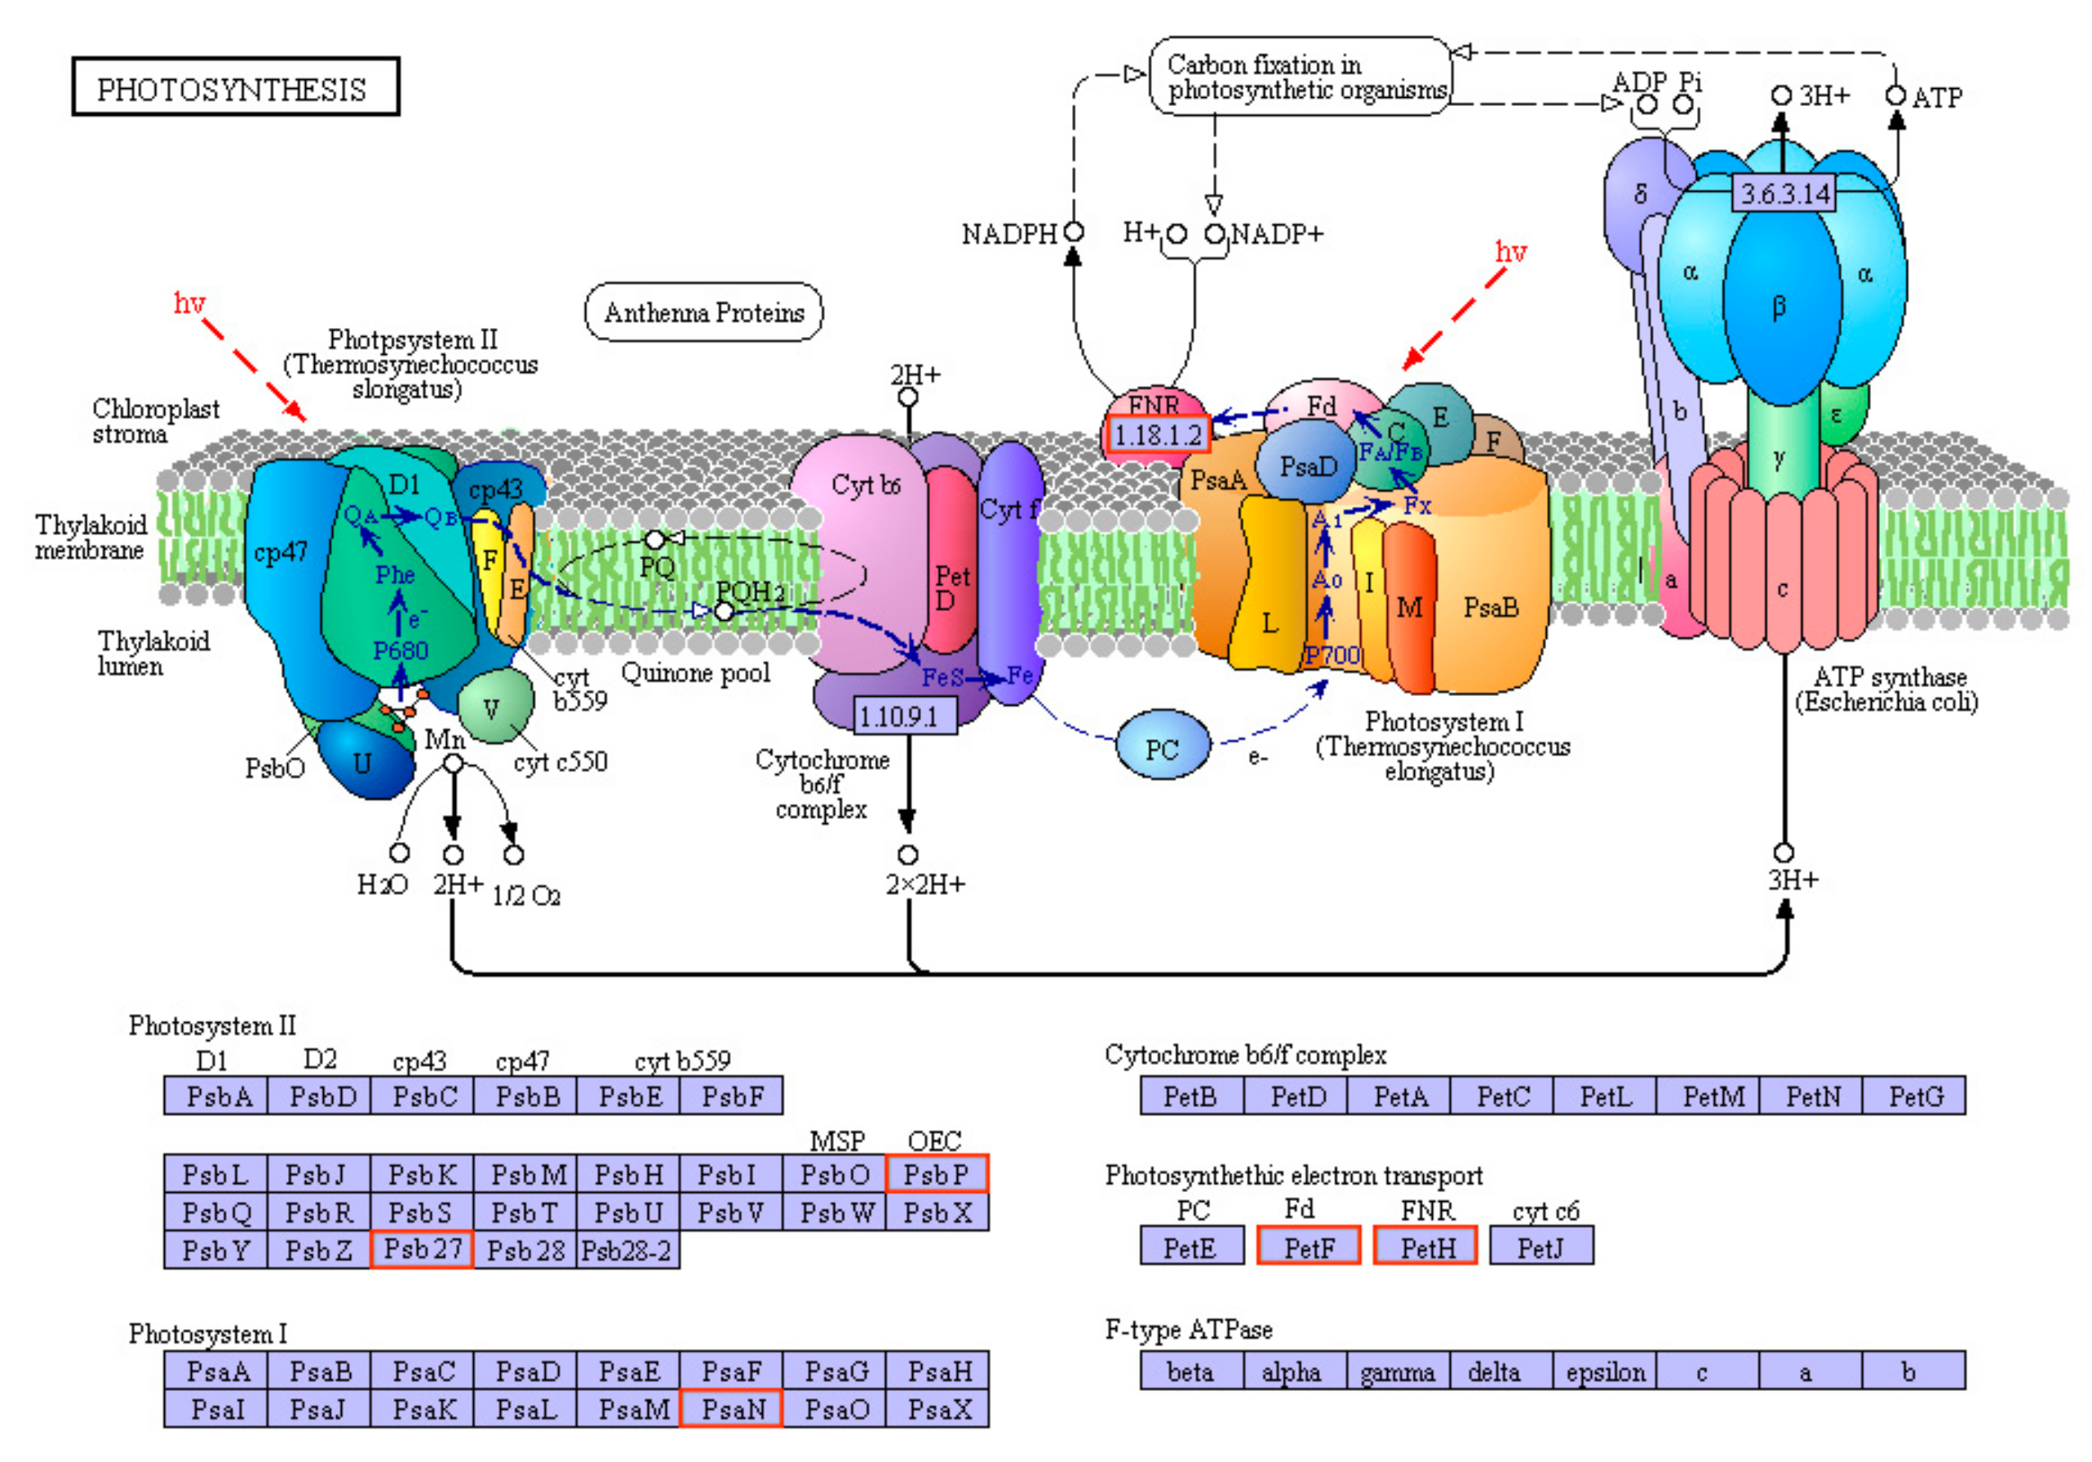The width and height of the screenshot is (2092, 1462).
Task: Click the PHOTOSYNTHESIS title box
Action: [x=235, y=87]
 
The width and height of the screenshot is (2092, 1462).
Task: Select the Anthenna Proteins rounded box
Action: [x=703, y=312]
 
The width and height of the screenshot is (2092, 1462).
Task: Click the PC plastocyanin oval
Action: [x=1162, y=748]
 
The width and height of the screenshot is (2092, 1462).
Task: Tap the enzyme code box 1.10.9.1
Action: [x=905, y=715]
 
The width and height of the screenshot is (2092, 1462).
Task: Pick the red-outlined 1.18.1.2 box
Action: [x=1157, y=435]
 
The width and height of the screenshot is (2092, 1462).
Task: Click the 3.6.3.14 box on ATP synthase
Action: [x=1784, y=193]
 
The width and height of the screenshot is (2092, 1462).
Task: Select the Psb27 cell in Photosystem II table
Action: [x=421, y=1249]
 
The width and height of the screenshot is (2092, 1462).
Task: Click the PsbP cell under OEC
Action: [x=936, y=1174]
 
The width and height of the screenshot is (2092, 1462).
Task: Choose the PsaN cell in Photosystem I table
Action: [x=731, y=1409]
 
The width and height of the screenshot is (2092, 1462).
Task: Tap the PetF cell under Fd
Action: [x=1309, y=1246]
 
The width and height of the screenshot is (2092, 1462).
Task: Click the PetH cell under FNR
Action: [x=1425, y=1246]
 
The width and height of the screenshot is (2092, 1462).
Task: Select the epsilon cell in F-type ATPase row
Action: [x=1605, y=1371]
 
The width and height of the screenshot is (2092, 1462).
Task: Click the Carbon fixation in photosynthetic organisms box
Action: [x=1301, y=77]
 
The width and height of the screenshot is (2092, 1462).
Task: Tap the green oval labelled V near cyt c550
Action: [x=493, y=707]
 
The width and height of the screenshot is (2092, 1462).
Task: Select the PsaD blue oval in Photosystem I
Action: [x=1306, y=467]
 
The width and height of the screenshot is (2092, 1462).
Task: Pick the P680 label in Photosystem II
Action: [x=400, y=650]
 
